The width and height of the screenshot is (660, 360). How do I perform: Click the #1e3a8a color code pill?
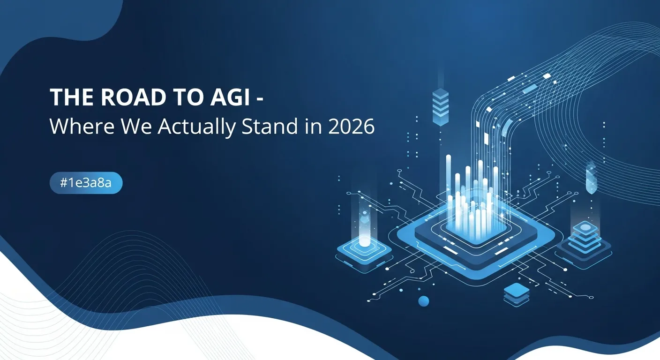coord(86,183)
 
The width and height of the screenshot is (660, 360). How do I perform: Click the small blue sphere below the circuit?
coord(424,301)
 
